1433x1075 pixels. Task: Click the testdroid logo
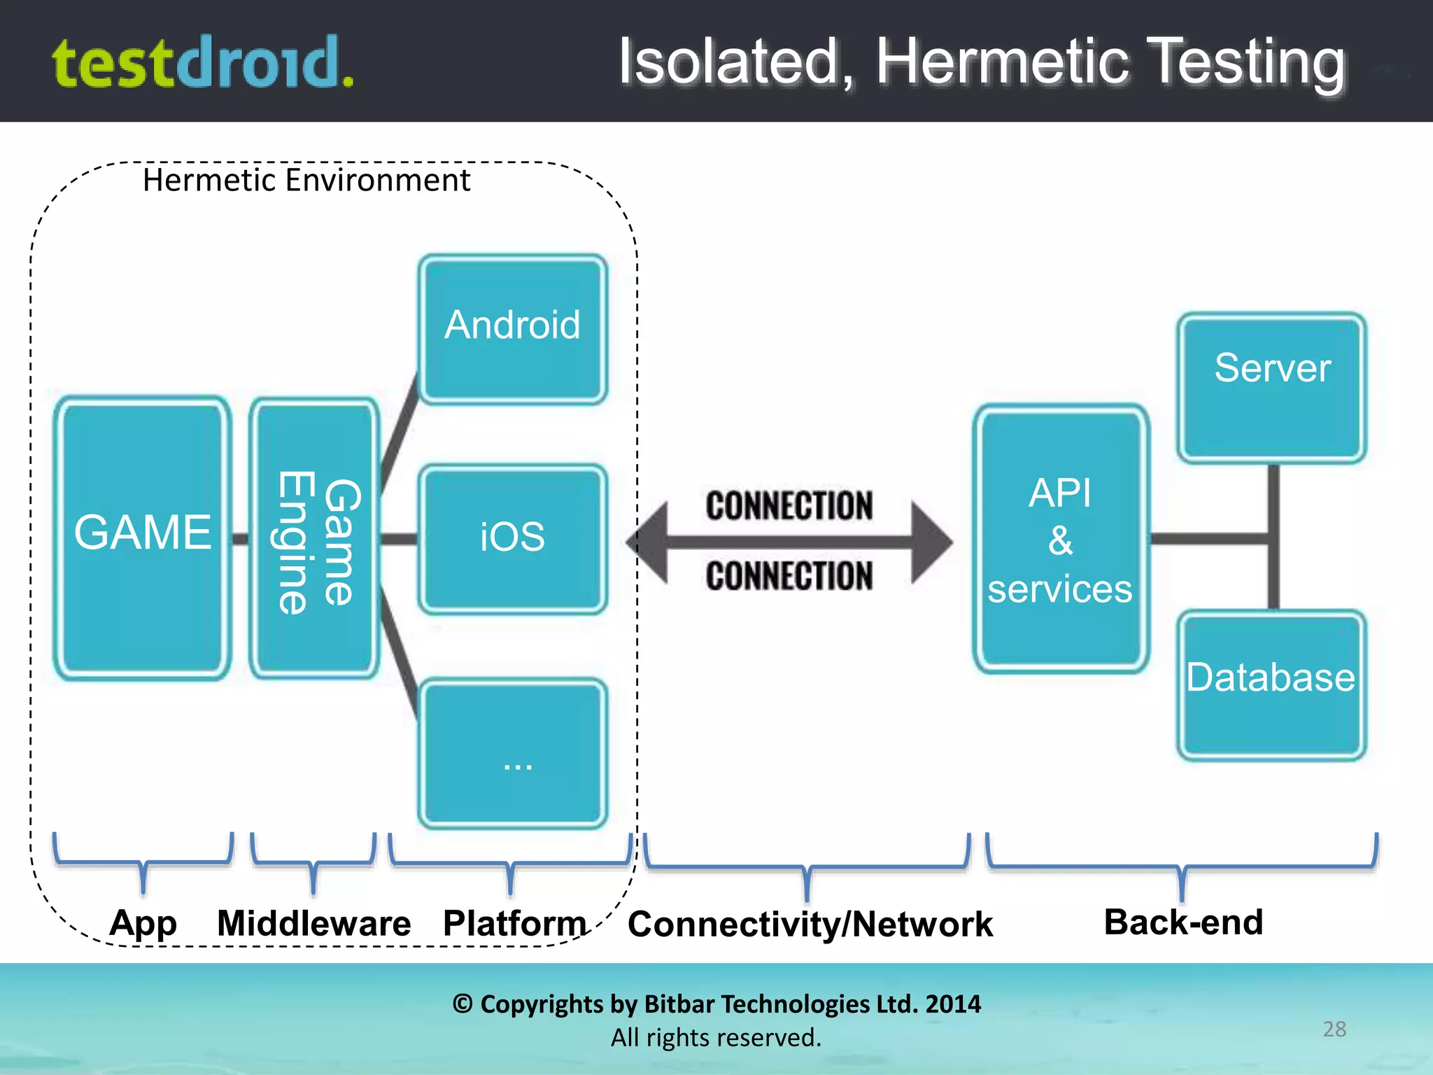pos(203,63)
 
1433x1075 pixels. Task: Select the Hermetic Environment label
pos(306,181)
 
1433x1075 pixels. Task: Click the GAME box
pos(143,537)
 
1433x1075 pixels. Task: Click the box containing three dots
pos(512,754)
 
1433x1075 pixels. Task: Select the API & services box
pos(1060,539)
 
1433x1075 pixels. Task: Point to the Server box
pos(1271,387)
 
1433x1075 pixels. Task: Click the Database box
pos(1271,684)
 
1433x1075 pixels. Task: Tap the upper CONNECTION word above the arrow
pos(789,506)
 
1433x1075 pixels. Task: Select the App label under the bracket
pos(143,923)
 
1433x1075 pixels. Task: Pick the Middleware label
pos(313,923)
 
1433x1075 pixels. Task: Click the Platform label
pos(514,923)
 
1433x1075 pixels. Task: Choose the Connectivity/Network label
pos(810,925)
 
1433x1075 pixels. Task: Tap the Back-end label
pos(1183,922)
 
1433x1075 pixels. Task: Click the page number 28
pos(1334,1029)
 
